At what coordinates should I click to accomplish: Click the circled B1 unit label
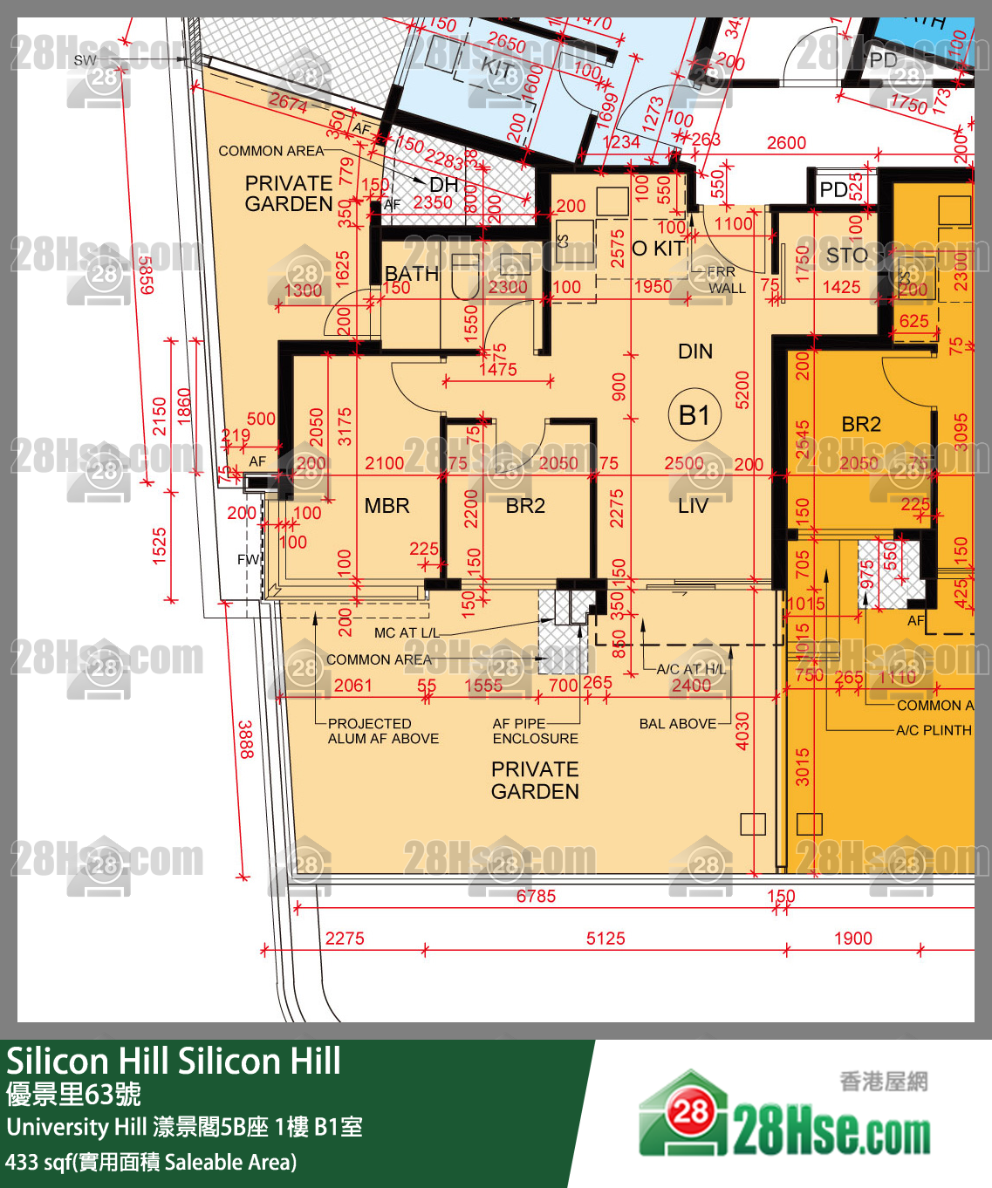click(x=694, y=415)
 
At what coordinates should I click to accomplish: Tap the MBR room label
click(x=387, y=506)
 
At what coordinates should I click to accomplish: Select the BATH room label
click(x=412, y=274)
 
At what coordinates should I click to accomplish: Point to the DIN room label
click(x=695, y=352)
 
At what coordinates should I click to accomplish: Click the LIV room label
click(x=693, y=506)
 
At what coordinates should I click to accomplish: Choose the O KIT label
click(x=659, y=249)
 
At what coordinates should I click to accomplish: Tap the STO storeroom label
click(x=846, y=256)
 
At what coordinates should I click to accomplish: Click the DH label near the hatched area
click(x=443, y=185)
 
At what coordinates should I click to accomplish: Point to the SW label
click(x=86, y=60)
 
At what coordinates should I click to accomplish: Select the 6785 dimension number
click(x=536, y=896)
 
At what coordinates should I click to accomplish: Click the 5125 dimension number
click(x=605, y=939)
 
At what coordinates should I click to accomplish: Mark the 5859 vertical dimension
click(x=147, y=275)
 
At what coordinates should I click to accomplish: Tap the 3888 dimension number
click(x=246, y=739)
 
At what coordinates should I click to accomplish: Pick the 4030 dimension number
click(x=742, y=731)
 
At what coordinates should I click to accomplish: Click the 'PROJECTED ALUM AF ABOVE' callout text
click(x=383, y=731)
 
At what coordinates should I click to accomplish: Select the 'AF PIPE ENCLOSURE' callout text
click(x=535, y=731)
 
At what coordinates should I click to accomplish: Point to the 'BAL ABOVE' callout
click(x=677, y=724)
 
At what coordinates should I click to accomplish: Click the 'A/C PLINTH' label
click(x=934, y=730)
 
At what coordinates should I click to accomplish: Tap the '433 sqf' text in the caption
click(x=39, y=1162)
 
